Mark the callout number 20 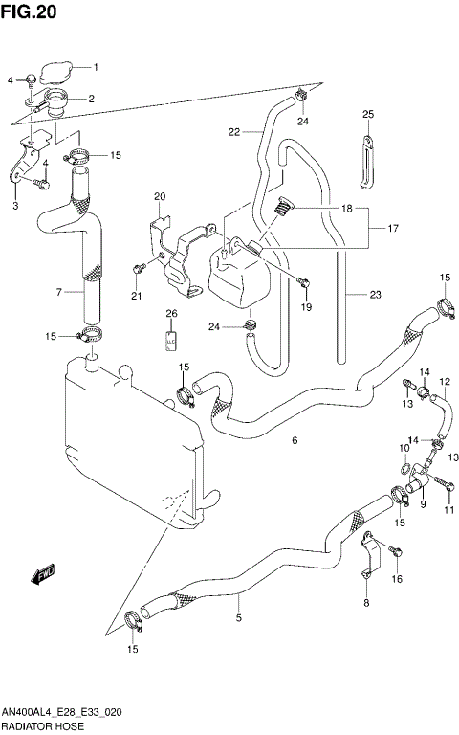(x=160, y=196)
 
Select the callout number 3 (x=15, y=205)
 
